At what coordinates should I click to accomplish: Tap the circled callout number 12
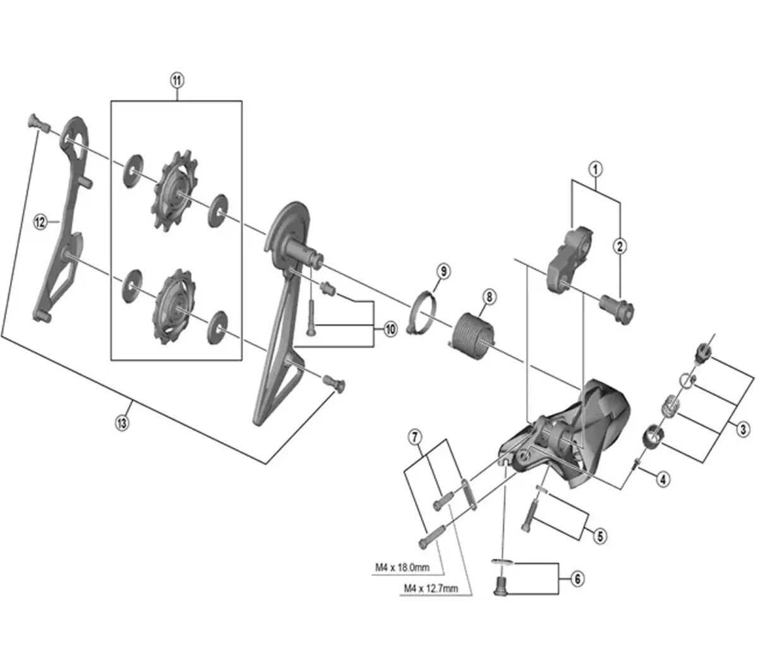click(41, 221)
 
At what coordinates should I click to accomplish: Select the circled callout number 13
click(122, 423)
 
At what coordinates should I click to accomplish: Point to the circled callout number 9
click(443, 271)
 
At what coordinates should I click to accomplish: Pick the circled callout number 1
click(595, 169)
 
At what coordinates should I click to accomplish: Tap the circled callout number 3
click(743, 429)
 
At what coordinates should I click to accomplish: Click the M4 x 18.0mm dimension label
click(402, 567)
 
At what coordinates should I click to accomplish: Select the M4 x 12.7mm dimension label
click(430, 588)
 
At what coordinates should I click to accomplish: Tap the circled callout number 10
click(390, 329)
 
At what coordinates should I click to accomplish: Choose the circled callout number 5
click(599, 536)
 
